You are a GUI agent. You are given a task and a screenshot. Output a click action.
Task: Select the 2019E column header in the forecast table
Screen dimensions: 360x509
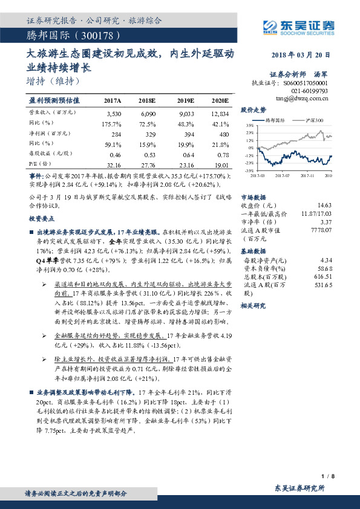pos(184,100)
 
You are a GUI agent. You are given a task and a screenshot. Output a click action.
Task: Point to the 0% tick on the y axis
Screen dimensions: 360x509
pos(251,148)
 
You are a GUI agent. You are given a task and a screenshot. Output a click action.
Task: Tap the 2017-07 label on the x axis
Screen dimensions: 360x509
pos(283,175)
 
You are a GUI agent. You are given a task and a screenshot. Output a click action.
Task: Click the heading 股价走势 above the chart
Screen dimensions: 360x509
pos(253,110)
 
